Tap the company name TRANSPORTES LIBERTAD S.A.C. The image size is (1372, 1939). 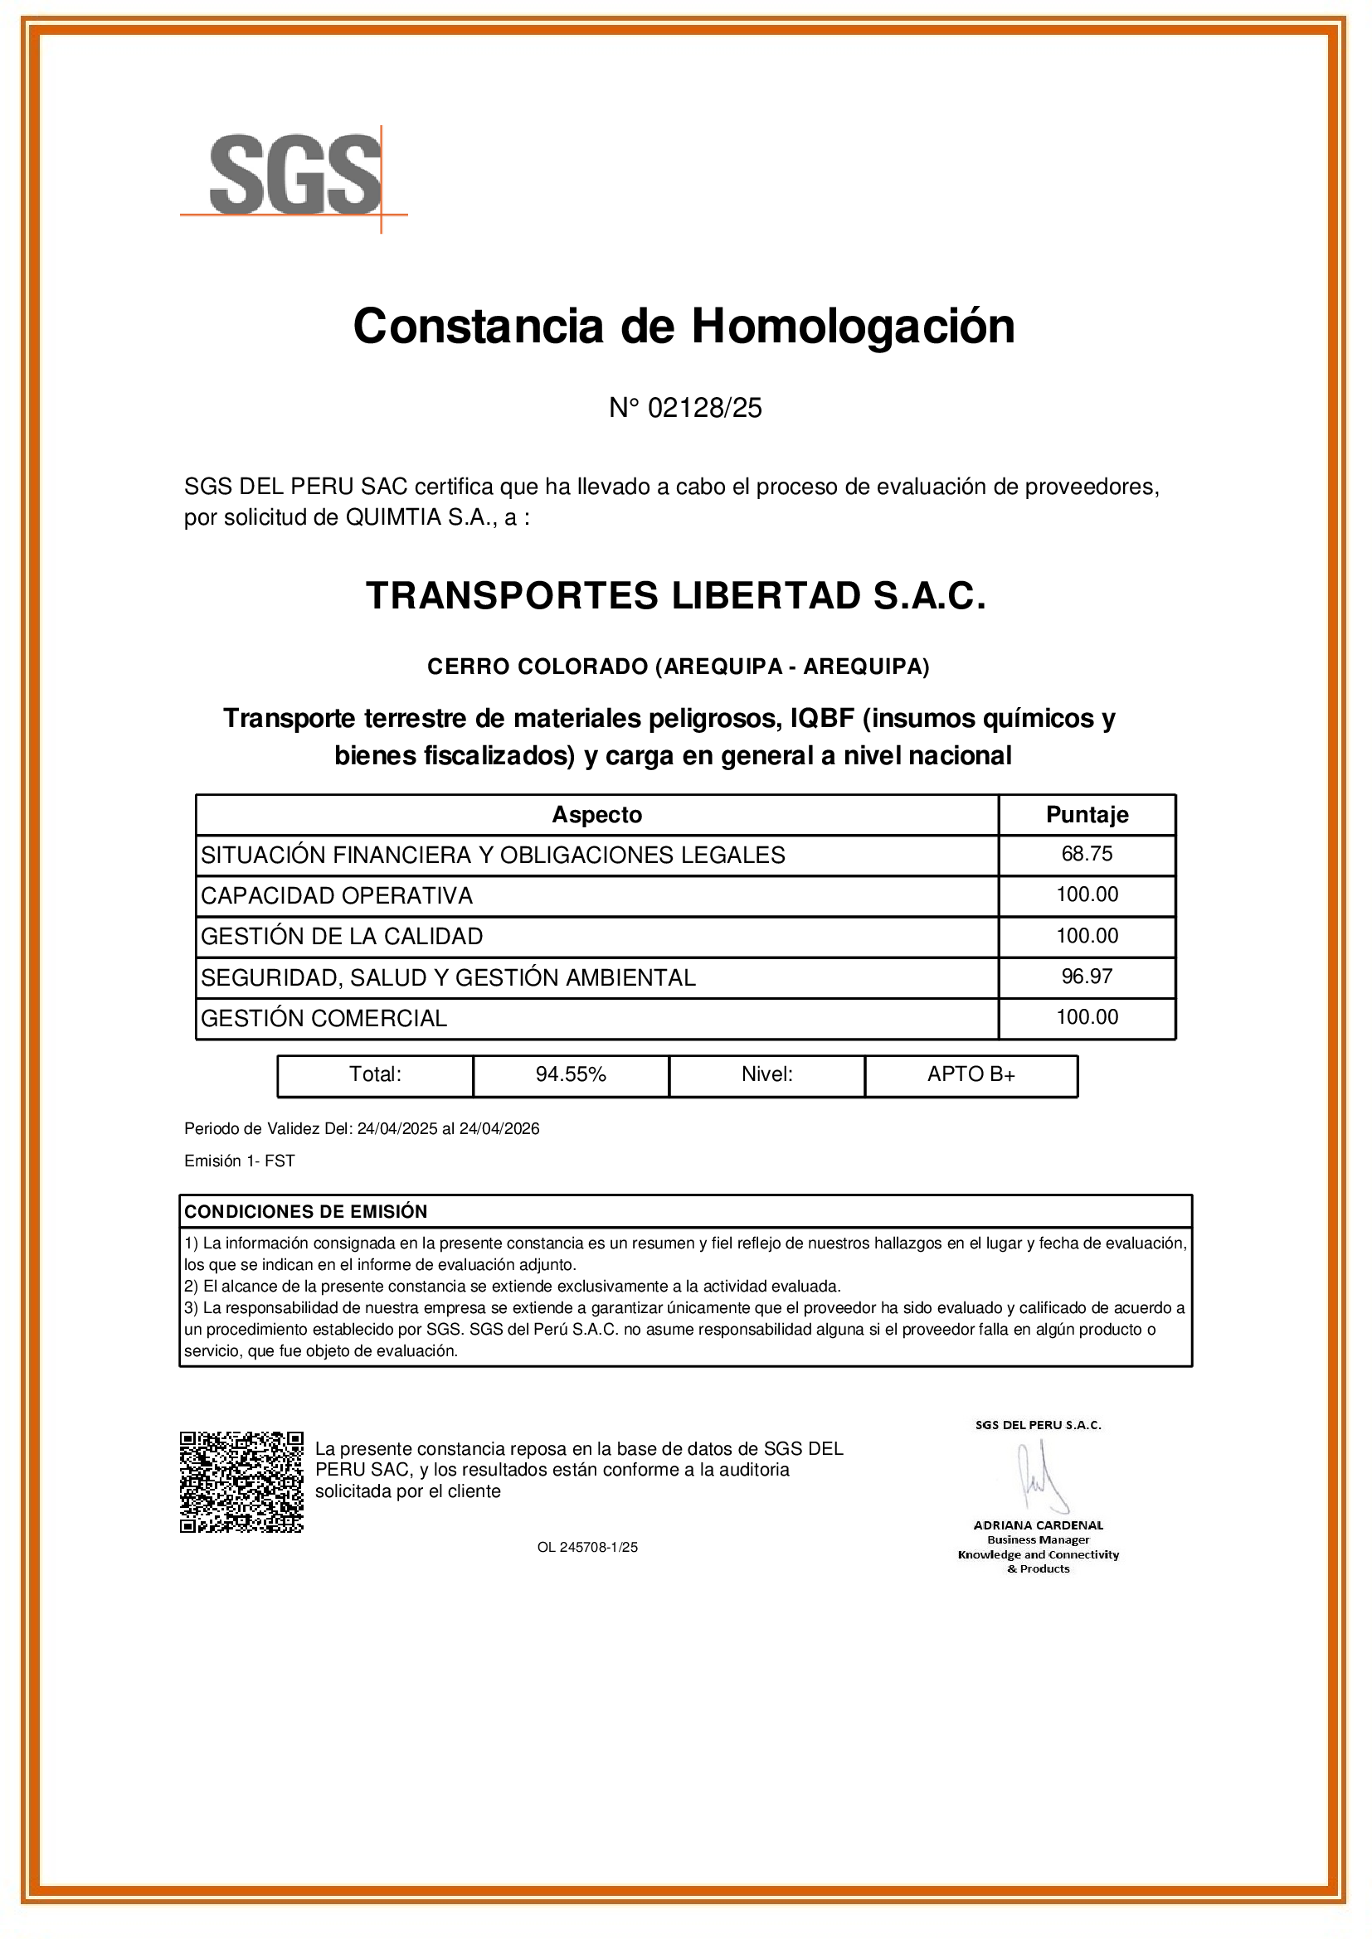tap(676, 596)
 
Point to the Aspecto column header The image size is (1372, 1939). tap(596, 815)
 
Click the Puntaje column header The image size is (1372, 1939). tap(1087, 815)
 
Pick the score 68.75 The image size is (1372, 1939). tap(1087, 854)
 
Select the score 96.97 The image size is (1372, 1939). tap(1087, 977)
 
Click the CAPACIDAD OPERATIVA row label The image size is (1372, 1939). tap(336, 895)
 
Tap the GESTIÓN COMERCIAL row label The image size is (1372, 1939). tap(324, 1019)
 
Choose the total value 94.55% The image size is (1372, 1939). tap(570, 1074)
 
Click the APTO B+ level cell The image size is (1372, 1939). tap(971, 1074)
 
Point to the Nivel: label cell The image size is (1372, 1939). tap(766, 1074)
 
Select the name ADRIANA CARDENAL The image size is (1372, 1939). tap(1039, 1525)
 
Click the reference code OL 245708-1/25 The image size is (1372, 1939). tap(587, 1547)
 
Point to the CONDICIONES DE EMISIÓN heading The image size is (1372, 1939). tap(306, 1212)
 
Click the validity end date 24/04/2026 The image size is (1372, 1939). tap(499, 1129)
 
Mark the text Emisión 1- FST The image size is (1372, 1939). tap(239, 1161)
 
